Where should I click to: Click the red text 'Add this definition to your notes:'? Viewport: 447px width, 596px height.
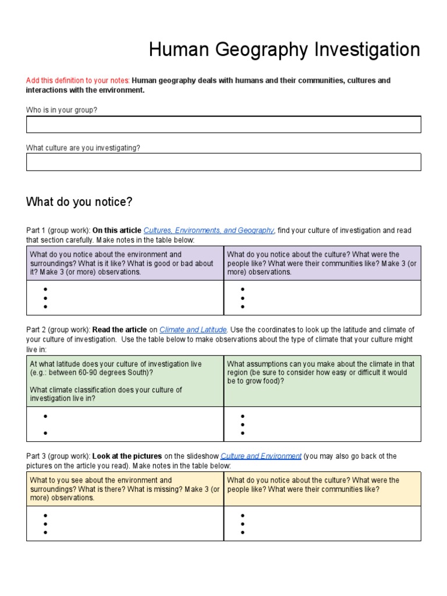click(78, 80)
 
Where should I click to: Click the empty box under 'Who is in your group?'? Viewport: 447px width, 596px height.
click(223, 125)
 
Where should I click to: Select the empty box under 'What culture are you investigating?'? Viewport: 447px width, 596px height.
click(223, 162)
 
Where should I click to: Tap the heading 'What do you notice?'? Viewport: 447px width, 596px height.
click(79, 202)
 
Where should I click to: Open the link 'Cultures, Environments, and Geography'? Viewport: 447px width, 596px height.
click(209, 230)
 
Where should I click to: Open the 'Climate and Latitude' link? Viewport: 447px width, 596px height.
click(193, 329)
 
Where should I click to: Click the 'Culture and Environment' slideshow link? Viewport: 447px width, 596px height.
click(261, 456)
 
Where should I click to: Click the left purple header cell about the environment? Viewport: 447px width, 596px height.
click(125, 263)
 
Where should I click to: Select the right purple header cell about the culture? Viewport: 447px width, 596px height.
click(322, 263)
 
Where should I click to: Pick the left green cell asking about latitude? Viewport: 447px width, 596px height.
click(125, 381)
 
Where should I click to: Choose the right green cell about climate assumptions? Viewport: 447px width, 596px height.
click(322, 381)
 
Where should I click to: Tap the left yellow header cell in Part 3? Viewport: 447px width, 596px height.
click(125, 489)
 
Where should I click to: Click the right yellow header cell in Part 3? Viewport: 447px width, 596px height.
click(322, 489)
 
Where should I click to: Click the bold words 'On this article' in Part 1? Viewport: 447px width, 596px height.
click(117, 230)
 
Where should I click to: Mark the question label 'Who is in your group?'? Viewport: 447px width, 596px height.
click(61, 110)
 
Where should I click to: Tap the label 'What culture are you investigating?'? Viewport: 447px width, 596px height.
click(83, 148)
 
